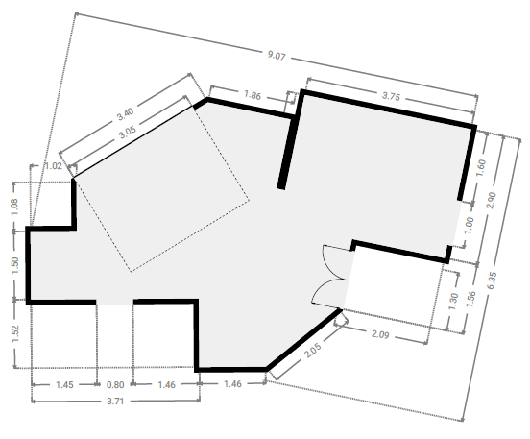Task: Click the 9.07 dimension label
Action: pyautogui.click(x=277, y=55)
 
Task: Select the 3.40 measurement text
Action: pyautogui.click(x=126, y=113)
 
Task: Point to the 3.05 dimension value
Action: pyautogui.click(x=128, y=133)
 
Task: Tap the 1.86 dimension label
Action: pyautogui.click(x=253, y=95)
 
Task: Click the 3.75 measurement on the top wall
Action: pyautogui.click(x=391, y=96)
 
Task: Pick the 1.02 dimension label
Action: pyautogui.click(x=54, y=166)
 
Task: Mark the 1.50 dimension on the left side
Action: pyautogui.click(x=14, y=265)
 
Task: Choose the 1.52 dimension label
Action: pyautogui.click(x=14, y=334)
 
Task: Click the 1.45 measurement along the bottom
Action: pyautogui.click(x=64, y=384)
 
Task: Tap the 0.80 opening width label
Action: pyautogui.click(x=115, y=384)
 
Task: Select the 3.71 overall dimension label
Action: pyautogui.click(x=115, y=402)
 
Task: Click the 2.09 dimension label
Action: pyautogui.click(x=380, y=334)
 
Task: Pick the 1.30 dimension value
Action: pyautogui.click(x=453, y=302)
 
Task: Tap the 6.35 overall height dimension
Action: pyautogui.click(x=492, y=280)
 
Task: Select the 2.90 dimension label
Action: pyautogui.click(x=492, y=200)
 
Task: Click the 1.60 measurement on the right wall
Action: pyautogui.click(x=480, y=168)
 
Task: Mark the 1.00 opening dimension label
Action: pyautogui.click(x=470, y=226)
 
